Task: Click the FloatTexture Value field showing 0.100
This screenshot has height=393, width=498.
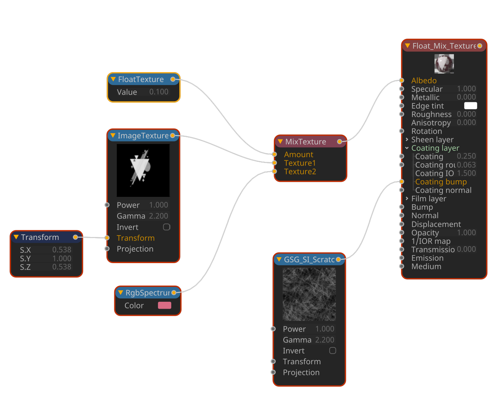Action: [158, 92]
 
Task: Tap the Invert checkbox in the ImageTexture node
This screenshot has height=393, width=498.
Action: [166, 227]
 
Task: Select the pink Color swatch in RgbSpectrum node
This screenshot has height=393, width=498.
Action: [164, 305]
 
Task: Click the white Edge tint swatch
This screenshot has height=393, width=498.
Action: [470, 106]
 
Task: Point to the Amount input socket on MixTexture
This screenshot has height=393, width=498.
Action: [275, 154]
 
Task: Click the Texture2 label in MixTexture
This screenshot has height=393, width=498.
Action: [300, 171]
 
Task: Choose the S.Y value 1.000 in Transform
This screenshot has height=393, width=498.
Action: [61, 258]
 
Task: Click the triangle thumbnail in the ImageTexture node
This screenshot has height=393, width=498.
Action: [143, 170]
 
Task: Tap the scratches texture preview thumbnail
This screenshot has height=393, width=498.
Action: [309, 294]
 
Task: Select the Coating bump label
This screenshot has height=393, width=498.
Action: [441, 182]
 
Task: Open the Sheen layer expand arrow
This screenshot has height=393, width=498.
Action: [407, 139]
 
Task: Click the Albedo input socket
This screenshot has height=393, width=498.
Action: [402, 81]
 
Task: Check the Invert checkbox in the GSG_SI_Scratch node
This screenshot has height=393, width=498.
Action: [333, 351]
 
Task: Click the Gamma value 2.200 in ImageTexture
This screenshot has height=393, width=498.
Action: [158, 216]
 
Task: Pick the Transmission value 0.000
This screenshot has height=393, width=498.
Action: [466, 249]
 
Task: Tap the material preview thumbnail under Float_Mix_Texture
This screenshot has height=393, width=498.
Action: [444, 64]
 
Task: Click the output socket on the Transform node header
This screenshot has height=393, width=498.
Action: [75, 237]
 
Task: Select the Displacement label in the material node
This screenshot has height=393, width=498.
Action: [436, 224]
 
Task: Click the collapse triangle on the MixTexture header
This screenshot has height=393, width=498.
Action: [280, 142]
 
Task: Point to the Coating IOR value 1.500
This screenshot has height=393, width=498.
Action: [466, 173]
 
